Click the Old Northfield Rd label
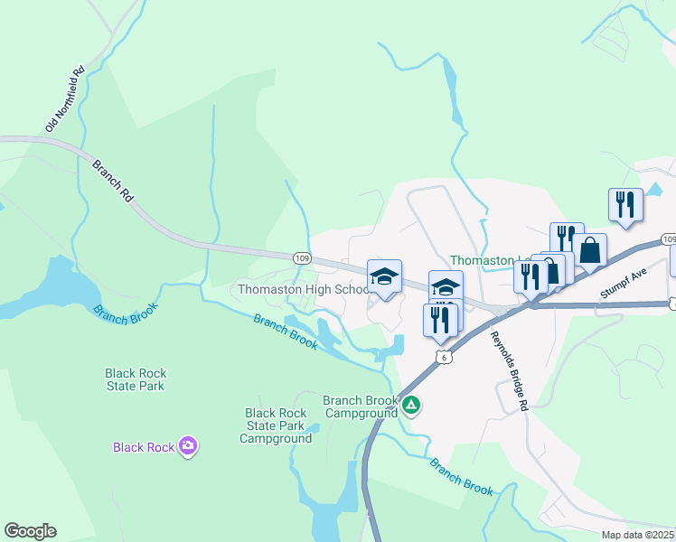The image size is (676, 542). pos(64,98)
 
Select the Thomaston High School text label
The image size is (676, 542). pos(303,289)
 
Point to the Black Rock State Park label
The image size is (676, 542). pos(135,379)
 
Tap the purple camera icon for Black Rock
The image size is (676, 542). pos(188,445)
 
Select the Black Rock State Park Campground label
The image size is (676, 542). pos(276,425)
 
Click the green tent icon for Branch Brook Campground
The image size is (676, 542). pos(411,405)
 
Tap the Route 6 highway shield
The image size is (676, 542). pos(442,358)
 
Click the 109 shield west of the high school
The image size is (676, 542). pos(303,258)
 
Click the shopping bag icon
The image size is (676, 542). pos(589,251)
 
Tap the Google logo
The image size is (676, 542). pos(30,531)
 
